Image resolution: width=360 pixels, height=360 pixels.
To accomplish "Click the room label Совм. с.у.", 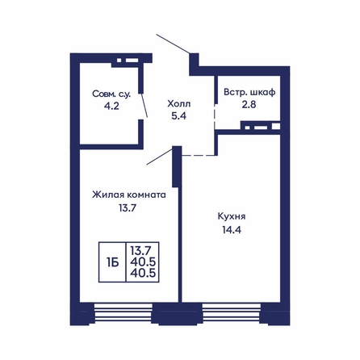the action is pos(111,94).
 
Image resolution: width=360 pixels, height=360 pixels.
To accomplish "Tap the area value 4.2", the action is pos(111,106).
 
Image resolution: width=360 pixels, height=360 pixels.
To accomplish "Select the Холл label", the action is pos(179,103).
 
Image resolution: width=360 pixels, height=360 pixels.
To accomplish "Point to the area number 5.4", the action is pos(179,116).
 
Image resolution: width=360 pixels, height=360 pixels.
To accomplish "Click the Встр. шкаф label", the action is pos(249,92).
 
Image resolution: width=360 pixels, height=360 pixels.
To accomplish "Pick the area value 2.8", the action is pos(249,104).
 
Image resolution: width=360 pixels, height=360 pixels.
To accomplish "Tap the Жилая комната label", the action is pos(129,195).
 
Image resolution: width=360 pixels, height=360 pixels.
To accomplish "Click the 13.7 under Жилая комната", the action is pos(127,207).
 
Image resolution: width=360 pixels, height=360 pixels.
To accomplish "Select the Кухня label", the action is pos(232,216).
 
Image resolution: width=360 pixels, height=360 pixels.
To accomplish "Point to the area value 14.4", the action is pos(232,230).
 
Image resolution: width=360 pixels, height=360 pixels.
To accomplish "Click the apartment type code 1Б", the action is pos(112,262).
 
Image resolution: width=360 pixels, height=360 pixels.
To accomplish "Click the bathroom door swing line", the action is pos(144,105).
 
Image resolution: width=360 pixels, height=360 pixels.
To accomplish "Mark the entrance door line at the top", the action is pos(174,44).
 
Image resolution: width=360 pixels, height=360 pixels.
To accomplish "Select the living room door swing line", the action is pos(160,156).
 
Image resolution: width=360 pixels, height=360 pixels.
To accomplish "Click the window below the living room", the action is pos(123,313).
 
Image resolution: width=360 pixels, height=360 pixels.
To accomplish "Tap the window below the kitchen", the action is pos(232,313).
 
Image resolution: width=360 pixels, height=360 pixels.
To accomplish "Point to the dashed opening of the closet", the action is pos(215,116).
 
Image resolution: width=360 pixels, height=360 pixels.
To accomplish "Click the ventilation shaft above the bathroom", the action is pos(128,61).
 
